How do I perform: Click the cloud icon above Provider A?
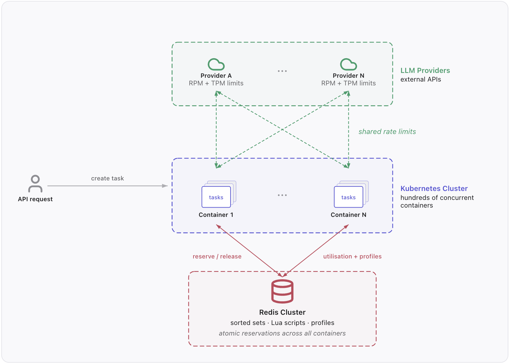pos(216,64)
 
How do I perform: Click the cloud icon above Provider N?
pos(348,64)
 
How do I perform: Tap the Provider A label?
pos(216,76)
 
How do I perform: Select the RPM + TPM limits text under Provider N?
pos(348,83)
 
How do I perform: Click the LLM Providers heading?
pos(425,71)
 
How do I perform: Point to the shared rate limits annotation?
pos(387,132)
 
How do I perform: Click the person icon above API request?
pos(35,184)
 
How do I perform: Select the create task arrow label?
pos(107,178)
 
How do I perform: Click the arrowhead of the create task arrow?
pos(165,186)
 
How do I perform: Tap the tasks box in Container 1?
pos(216,197)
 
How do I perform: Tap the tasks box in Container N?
pos(348,197)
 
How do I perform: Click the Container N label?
pos(348,215)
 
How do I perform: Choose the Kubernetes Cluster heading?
pos(434,189)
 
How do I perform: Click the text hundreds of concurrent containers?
pos(437,202)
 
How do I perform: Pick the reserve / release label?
pos(217,257)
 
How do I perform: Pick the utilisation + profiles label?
pos(352,257)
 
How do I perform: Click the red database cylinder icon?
pos(282,291)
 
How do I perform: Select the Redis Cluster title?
pos(282,313)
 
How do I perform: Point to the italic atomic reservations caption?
pos(282,333)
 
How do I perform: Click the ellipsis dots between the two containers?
pos(282,195)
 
